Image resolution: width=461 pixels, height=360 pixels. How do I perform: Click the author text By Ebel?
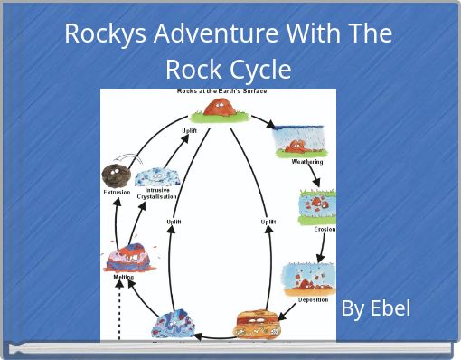375,308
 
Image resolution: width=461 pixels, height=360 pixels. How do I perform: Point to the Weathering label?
306,162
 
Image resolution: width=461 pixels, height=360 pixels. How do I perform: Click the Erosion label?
325,229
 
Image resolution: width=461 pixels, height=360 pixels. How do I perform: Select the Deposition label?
312,299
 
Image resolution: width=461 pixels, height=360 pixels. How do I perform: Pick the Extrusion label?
116,192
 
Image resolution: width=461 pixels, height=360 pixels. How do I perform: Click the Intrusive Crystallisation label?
156,194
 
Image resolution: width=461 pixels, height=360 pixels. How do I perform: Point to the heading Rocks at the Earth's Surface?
221,91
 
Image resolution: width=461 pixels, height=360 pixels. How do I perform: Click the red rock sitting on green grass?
217,109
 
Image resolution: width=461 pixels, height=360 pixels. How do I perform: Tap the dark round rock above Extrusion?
116,175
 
